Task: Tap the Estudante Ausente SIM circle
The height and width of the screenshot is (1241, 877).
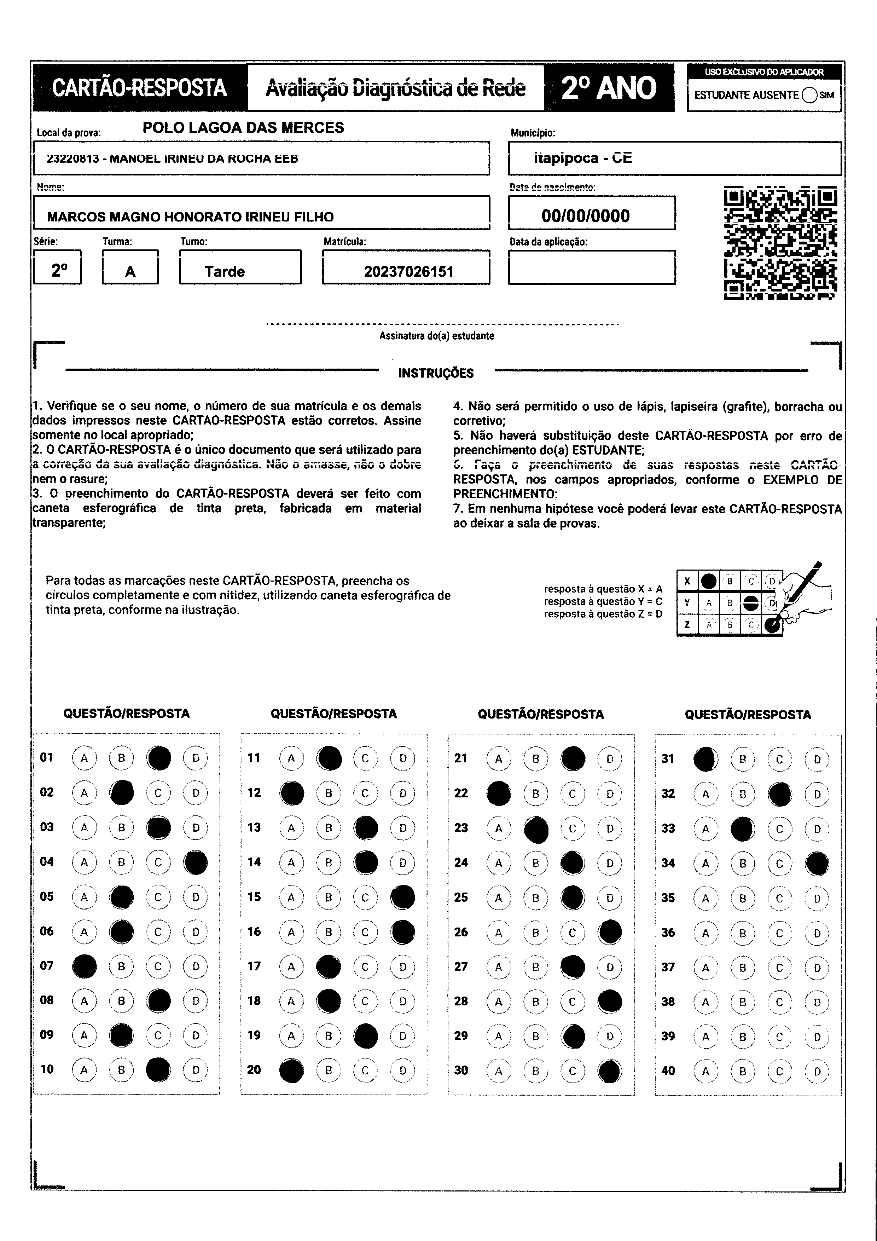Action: tap(809, 95)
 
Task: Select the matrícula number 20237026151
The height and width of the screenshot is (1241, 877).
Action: tap(408, 271)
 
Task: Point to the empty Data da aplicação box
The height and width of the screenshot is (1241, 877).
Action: tap(591, 267)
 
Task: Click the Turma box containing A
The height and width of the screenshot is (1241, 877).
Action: tap(130, 271)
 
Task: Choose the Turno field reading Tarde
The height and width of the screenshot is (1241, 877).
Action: tap(224, 271)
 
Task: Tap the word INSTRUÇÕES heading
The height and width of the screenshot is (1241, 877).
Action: tap(436, 373)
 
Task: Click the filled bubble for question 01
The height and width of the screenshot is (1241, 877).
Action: tap(158, 758)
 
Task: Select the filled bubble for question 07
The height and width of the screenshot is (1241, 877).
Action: tap(84, 966)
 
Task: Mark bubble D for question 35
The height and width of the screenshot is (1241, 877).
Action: tap(817, 898)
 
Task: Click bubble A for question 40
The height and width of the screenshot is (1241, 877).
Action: tap(705, 1071)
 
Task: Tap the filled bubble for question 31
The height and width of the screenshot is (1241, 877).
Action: tap(705, 759)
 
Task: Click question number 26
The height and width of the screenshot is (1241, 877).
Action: tap(461, 932)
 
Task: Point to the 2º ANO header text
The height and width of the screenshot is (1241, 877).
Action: tap(609, 88)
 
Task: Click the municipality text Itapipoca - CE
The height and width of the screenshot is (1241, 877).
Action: tap(582, 158)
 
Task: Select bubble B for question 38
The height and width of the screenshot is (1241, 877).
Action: tap(743, 1002)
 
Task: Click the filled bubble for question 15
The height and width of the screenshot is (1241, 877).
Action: tap(402, 897)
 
